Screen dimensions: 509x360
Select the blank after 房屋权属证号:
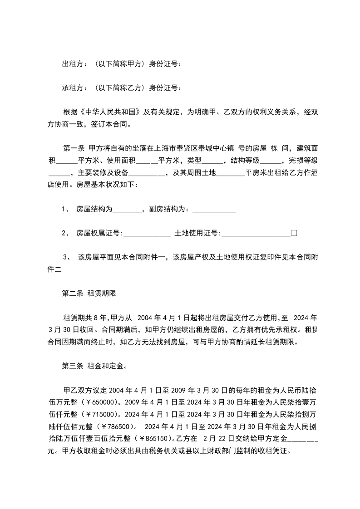point(147,233)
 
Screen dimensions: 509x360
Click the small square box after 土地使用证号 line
point(294,233)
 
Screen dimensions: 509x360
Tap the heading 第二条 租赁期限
point(89,294)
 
